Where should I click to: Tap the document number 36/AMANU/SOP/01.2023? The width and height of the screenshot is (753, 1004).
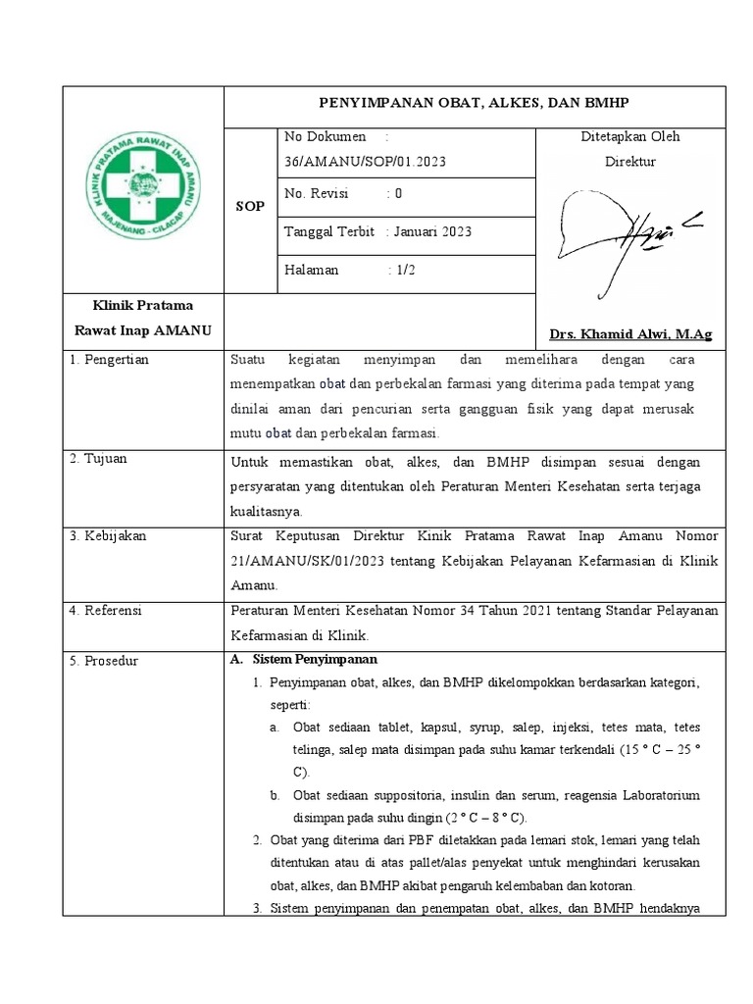coord(365,162)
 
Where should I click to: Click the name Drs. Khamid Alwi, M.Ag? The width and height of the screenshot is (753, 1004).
coord(631,334)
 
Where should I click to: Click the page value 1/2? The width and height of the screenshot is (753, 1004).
coord(405,270)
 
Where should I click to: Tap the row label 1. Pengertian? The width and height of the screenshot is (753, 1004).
coord(109,360)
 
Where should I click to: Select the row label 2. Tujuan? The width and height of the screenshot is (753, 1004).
coord(98,459)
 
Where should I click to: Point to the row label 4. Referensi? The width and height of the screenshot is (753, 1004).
coord(106,611)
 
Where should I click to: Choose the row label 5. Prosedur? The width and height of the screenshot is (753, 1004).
coord(104,661)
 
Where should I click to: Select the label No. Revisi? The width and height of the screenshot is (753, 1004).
coord(318,193)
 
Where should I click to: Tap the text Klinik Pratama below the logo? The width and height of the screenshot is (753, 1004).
coord(143,306)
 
